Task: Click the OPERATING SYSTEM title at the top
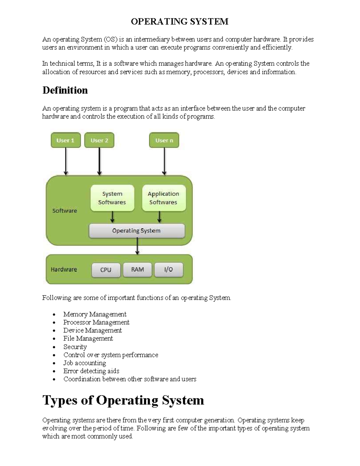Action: coord(179,22)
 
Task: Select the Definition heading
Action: coord(65,90)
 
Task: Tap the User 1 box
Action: coord(65,140)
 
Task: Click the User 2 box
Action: coord(99,140)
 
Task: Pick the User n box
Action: coord(164,140)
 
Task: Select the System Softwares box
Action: coord(112,198)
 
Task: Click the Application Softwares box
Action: coord(163,198)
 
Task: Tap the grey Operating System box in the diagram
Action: coord(136,231)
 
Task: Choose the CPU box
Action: coord(106,270)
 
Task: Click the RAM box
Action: coord(137,269)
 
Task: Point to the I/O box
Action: coord(169,269)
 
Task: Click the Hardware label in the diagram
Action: coord(64,269)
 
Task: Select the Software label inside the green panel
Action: coord(64,211)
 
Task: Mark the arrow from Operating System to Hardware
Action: coord(137,246)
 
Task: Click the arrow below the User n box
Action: coord(164,161)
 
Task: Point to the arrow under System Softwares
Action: coord(112,217)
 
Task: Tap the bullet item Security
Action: coord(75,347)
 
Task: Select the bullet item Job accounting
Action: coord(85,363)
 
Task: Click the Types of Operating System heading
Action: coord(123,400)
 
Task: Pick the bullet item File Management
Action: coord(88,338)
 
